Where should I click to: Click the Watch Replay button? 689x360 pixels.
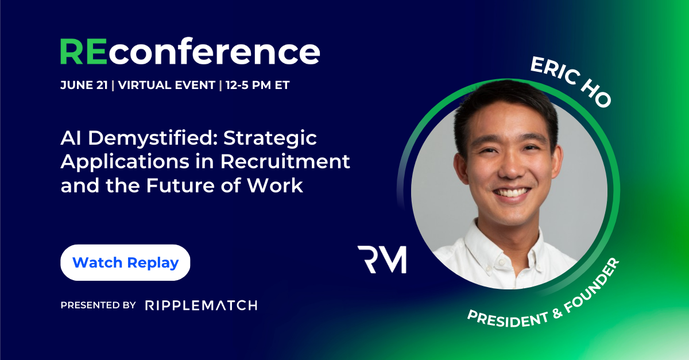(x=125, y=263)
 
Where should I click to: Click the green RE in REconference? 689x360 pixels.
(x=82, y=52)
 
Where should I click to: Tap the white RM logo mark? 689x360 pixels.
(x=381, y=259)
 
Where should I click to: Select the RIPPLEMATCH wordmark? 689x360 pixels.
(x=201, y=305)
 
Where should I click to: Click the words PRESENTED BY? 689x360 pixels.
(x=98, y=305)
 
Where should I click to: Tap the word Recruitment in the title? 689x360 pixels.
(x=286, y=162)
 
